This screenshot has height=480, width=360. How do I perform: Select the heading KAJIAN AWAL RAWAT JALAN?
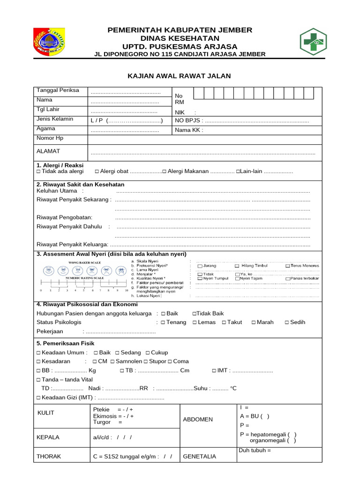coord(180,76)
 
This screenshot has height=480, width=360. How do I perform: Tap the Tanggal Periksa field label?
coord(58,90)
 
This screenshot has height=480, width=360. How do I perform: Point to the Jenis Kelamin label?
coord(55,119)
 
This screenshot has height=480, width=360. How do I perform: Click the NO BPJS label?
coord(189,121)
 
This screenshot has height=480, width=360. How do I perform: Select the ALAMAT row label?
coord(48,151)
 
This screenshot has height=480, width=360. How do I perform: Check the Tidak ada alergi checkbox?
coord(38,172)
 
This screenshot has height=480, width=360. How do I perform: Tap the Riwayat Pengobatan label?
coord(64,217)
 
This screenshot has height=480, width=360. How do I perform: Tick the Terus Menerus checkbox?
coord(287,266)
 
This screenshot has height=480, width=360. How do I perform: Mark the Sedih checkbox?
coord(286,322)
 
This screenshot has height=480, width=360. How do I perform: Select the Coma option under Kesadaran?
coord(170,361)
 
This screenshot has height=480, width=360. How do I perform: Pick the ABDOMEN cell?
coord(198,420)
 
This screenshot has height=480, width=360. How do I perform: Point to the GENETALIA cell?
coord(199,456)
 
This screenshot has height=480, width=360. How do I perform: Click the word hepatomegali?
coord(267,435)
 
